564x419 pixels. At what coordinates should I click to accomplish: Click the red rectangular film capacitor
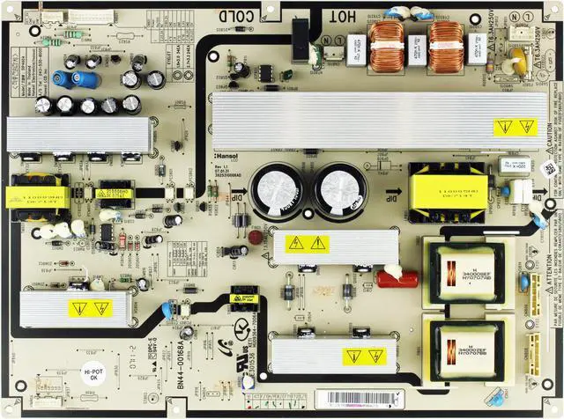point(397,279)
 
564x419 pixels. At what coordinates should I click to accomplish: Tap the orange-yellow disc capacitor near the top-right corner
point(516,62)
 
